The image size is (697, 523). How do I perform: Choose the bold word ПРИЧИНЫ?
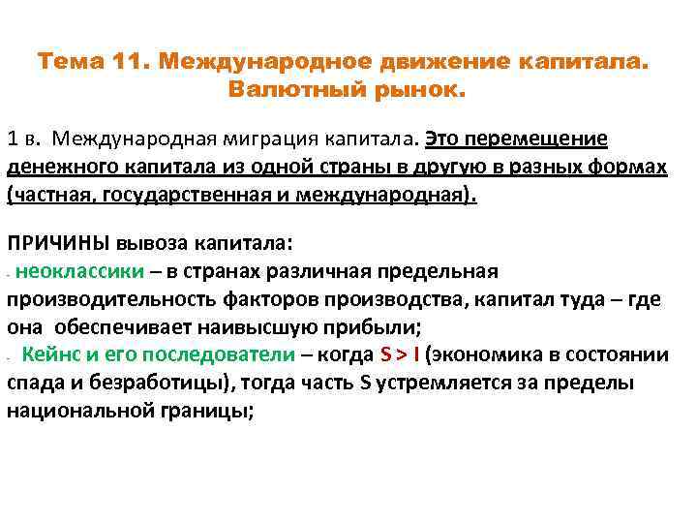click(x=58, y=242)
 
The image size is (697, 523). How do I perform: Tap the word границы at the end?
click(x=213, y=410)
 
